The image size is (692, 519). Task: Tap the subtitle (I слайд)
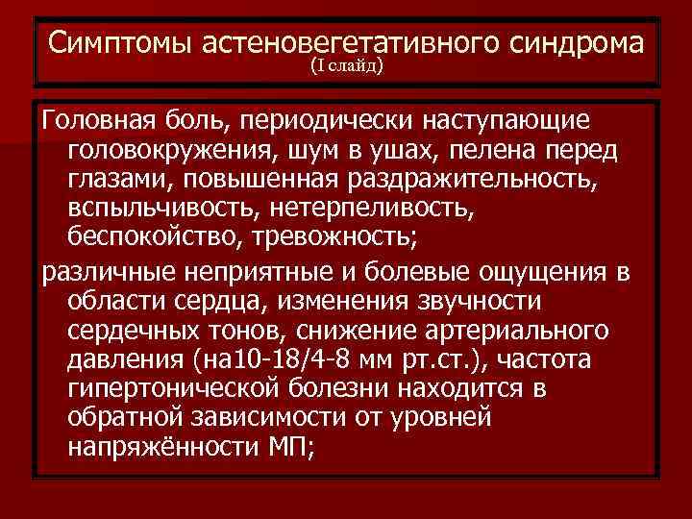click(x=346, y=66)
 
